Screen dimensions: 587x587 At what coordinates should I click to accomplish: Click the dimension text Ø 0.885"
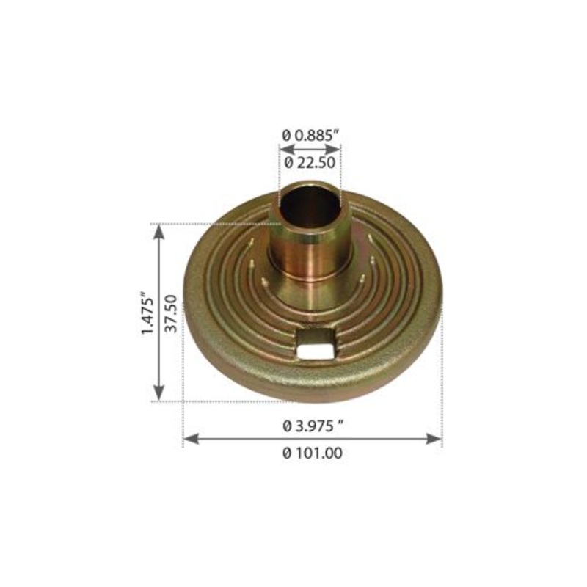pyautogui.click(x=310, y=134)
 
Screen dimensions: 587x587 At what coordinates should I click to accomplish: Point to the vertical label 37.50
pyautogui.click(x=172, y=313)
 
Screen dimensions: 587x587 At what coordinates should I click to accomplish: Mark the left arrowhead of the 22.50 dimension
pyautogui.click(x=282, y=148)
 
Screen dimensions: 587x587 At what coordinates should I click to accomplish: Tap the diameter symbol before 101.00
pyautogui.click(x=287, y=453)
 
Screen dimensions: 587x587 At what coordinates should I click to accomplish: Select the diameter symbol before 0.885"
pyautogui.click(x=286, y=134)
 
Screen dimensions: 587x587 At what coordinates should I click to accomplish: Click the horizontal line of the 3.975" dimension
pyautogui.click(x=249, y=439)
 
